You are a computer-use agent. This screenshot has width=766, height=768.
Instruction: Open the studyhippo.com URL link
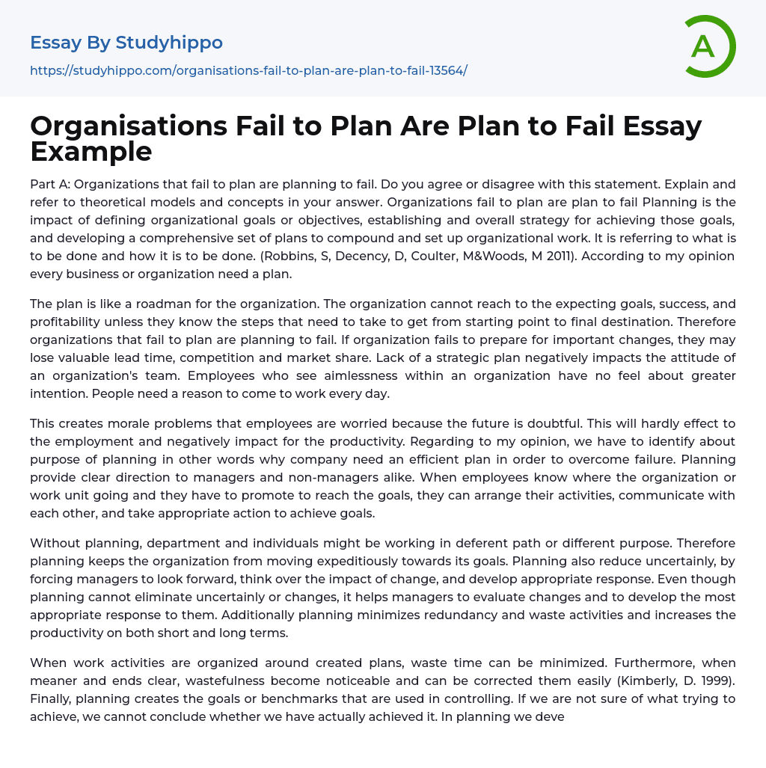(x=248, y=70)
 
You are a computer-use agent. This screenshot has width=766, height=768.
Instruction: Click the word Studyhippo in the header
(x=169, y=43)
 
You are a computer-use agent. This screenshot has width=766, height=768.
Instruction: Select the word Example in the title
(x=91, y=151)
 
